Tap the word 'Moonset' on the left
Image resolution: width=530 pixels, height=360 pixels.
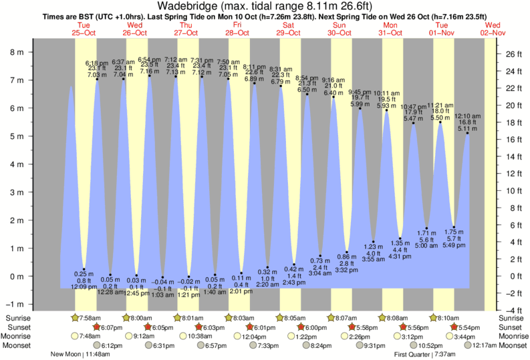point(17,345)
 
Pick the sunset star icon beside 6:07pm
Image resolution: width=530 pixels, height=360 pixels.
point(97,327)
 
